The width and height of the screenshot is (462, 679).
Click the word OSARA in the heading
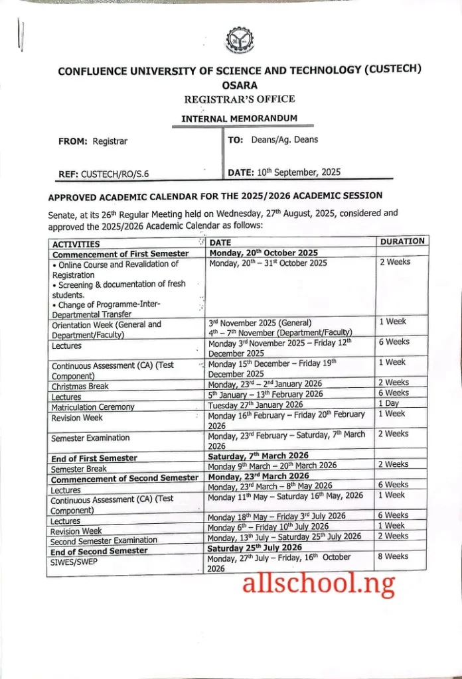coord(240,85)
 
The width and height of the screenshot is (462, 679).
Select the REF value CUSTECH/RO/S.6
coord(115,174)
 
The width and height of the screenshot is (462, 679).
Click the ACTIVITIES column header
coord(76,245)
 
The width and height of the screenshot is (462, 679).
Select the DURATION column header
coord(402,241)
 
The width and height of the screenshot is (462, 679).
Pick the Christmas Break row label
coord(80,386)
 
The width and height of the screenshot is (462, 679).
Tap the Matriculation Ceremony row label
coord(93,407)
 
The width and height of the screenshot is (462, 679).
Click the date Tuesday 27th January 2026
coord(256,404)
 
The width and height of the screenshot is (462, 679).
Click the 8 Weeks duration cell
coord(393,556)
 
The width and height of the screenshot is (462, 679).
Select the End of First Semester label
coord(94,458)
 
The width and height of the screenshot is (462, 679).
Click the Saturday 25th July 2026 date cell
coord(254,547)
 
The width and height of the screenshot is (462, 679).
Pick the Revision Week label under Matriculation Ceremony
coord(77,418)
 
